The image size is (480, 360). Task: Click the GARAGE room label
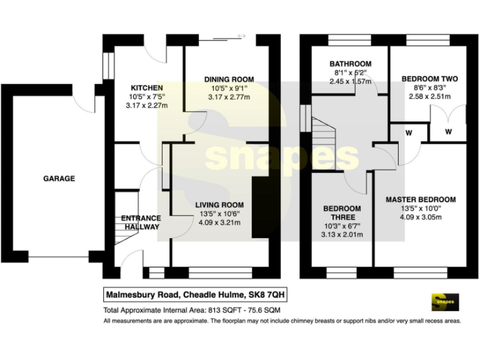coord(59,179)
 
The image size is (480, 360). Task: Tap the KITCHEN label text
coord(146,87)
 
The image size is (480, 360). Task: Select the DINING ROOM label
coord(229,79)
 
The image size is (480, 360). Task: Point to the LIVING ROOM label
coord(219,205)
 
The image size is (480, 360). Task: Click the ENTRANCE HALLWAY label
coord(141,222)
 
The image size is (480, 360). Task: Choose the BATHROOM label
coord(351,64)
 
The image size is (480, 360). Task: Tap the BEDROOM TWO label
coord(429,79)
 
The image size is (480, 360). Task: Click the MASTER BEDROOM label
coord(429,200)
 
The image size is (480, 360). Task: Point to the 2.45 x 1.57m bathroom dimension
coord(351,81)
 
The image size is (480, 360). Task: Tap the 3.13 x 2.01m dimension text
coord(342,235)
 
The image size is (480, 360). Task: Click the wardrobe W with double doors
coord(449,132)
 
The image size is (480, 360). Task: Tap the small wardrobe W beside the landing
coord(408,132)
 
